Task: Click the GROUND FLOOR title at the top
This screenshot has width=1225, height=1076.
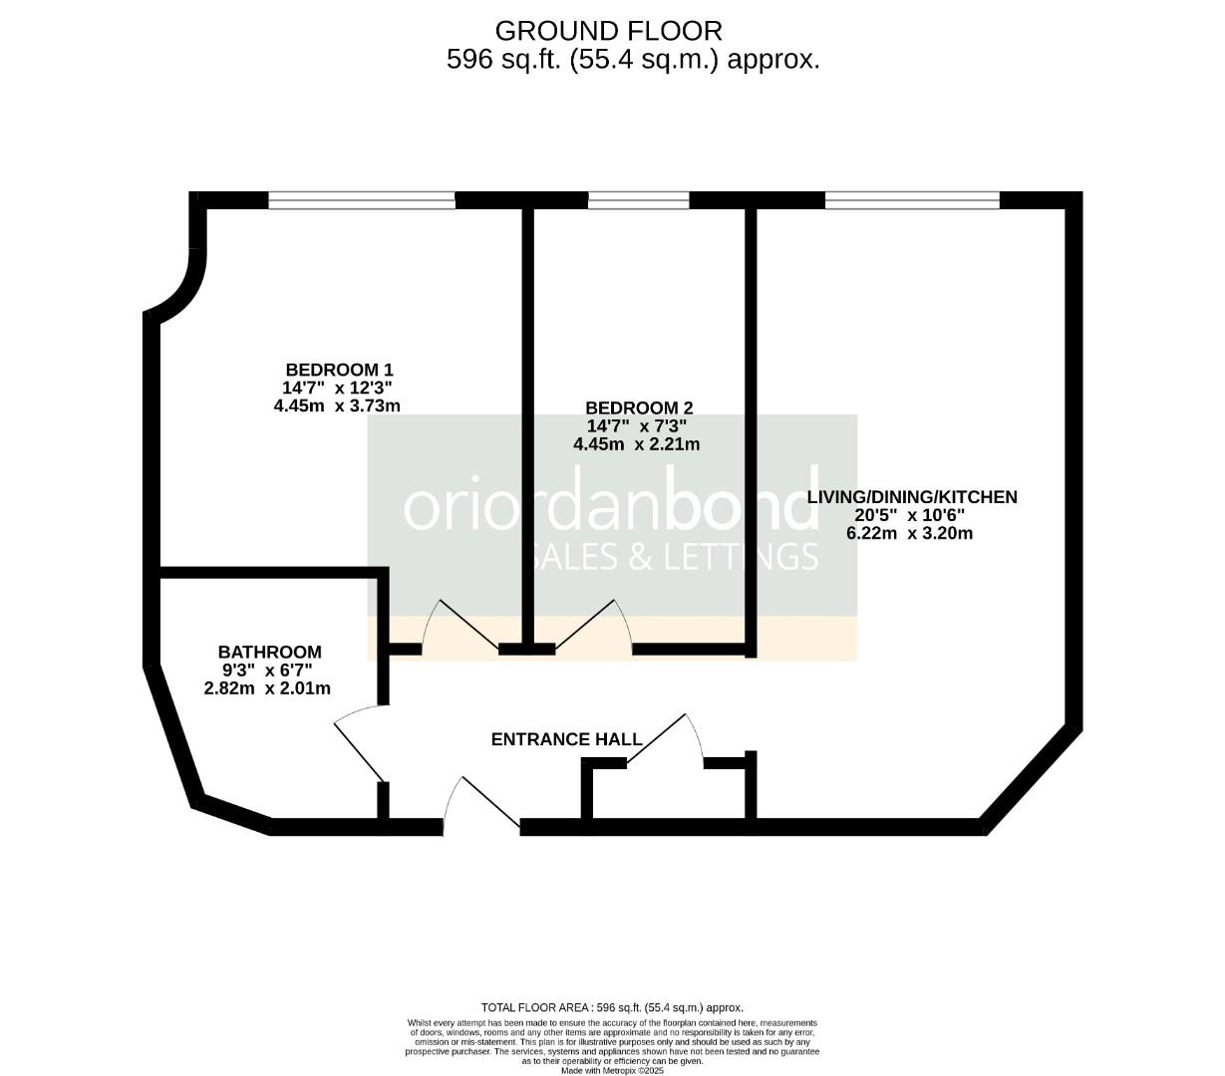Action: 608,31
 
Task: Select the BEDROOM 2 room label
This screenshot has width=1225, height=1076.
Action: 639,407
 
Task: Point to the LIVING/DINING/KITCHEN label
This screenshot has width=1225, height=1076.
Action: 911,497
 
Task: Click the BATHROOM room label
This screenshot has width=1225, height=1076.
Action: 270,653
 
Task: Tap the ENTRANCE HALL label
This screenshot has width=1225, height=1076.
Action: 566,739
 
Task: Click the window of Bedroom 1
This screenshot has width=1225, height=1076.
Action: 362,201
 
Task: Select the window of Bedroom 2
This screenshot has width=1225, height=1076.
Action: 638,201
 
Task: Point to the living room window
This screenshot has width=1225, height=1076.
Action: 912,201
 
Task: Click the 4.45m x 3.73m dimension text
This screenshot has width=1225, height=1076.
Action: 337,405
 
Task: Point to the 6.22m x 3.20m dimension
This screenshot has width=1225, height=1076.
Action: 909,533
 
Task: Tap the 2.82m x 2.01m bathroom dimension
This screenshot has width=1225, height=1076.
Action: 267,688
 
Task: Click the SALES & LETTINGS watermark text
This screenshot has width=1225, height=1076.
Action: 678,556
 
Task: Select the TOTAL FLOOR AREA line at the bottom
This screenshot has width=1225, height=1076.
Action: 612,1007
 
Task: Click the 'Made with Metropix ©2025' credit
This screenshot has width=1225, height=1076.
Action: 612,1070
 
